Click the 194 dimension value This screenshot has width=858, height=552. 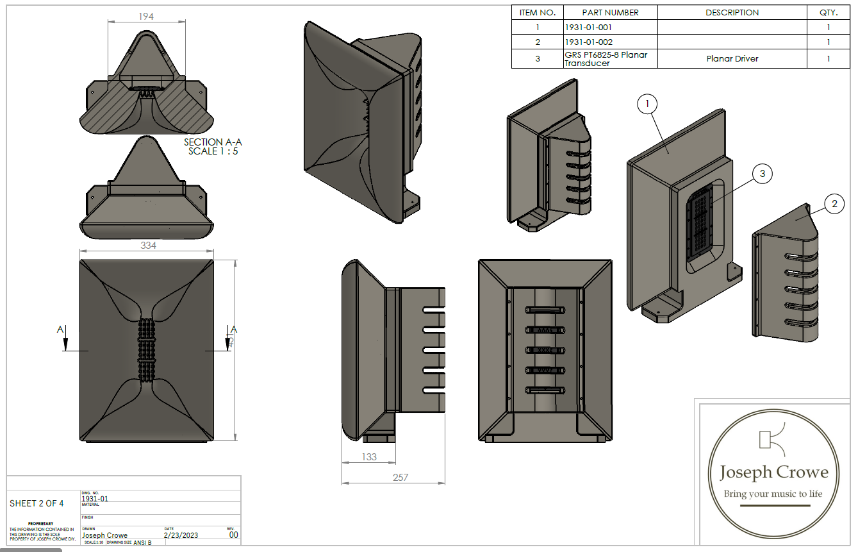tap(146, 16)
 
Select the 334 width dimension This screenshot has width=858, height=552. tap(148, 245)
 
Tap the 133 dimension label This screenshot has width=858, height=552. tap(369, 457)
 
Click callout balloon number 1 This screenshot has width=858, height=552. tap(648, 103)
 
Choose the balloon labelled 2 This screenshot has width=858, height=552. tap(834, 205)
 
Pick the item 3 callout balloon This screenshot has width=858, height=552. tap(762, 173)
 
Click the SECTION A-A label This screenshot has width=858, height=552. tap(213, 142)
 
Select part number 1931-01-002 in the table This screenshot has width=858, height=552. tap(589, 42)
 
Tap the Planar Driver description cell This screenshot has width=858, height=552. tap(732, 58)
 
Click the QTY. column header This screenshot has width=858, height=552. tap(828, 12)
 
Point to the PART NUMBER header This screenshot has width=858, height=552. tap(610, 12)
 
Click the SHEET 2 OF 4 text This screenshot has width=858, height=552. tap(37, 503)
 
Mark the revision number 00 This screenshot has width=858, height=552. tap(233, 535)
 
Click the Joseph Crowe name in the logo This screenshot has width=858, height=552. tap(773, 473)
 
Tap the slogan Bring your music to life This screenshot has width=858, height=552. tap(773, 494)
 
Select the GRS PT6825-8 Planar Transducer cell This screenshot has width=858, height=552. tap(606, 58)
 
